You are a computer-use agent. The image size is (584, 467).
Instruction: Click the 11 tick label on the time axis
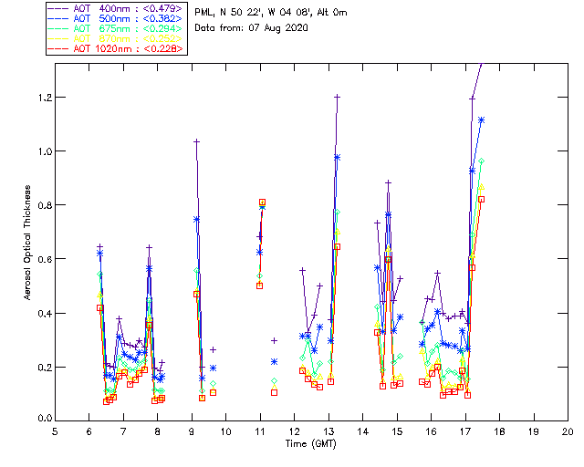coord(260,431)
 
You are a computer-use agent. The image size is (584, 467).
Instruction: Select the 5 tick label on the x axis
coord(55,431)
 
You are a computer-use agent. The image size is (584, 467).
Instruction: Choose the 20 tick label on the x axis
coord(568,431)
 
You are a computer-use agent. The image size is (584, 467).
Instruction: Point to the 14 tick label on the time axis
coord(362,431)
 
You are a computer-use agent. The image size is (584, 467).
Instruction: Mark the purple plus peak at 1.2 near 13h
coord(337,96)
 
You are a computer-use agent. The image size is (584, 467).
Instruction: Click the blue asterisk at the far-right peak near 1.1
coord(481,119)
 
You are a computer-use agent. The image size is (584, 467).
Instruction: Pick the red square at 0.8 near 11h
coord(262,202)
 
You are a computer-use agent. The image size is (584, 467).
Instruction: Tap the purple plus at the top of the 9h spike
coord(196,141)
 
